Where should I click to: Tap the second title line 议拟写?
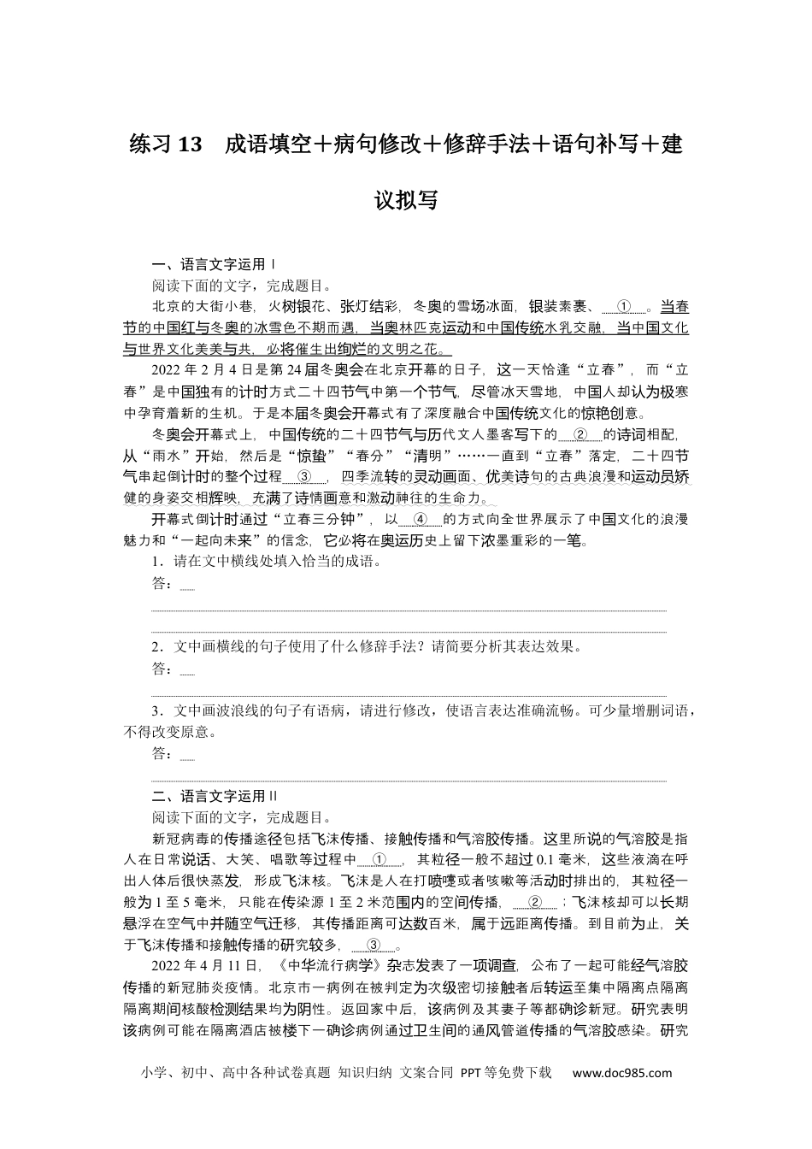(406, 200)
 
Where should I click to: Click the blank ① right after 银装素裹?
(625, 306)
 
